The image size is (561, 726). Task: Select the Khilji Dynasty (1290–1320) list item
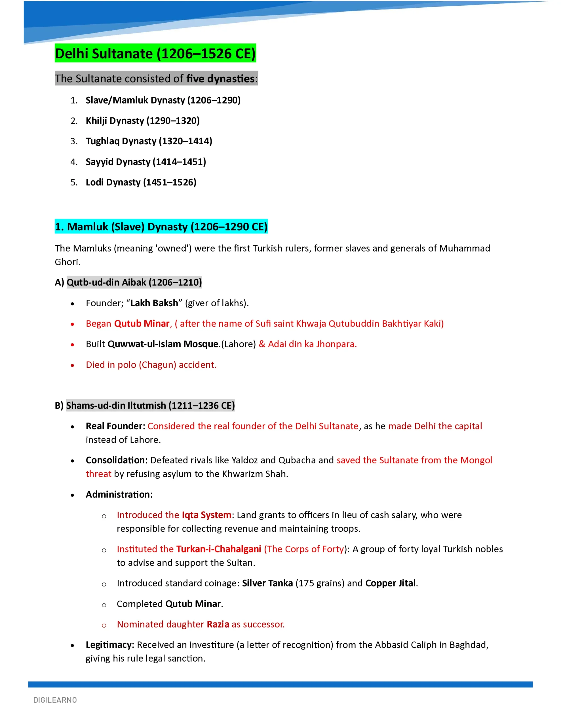[x=142, y=121]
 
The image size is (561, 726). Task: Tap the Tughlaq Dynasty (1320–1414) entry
[x=149, y=141]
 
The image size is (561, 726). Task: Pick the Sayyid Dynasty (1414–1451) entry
[x=146, y=162]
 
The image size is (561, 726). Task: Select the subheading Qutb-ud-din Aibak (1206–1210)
[x=134, y=282]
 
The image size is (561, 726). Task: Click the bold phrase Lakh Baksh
[x=154, y=303]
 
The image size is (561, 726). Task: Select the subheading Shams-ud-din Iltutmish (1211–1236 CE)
[x=150, y=406]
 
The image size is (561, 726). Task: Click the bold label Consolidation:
[x=116, y=460]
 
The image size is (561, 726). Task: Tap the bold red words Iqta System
[x=206, y=515]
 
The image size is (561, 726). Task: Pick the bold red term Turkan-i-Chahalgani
[x=218, y=549]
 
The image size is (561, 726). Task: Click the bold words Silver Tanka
[x=267, y=583]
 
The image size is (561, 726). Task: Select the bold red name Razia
[x=218, y=624]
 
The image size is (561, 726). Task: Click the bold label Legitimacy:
[x=110, y=645]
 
